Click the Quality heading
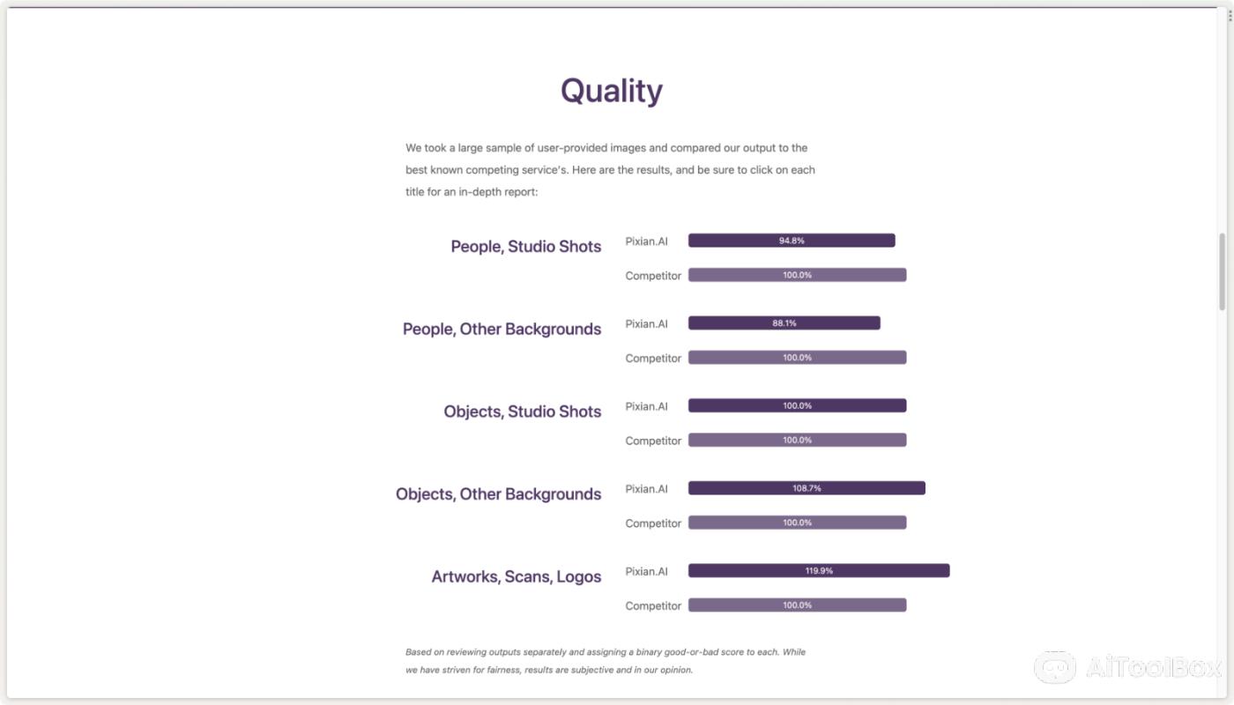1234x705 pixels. pyautogui.click(x=612, y=91)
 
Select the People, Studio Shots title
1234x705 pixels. pyautogui.click(x=525, y=246)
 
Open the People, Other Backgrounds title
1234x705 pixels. pyautogui.click(x=502, y=329)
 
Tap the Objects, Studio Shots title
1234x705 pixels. pyautogui.click(x=522, y=412)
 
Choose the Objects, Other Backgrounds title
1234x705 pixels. pyautogui.click(x=498, y=494)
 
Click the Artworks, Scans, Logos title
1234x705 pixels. pyautogui.click(x=517, y=576)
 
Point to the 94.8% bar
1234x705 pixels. pyautogui.click(x=792, y=240)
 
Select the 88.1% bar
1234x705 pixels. pyautogui.click(x=784, y=323)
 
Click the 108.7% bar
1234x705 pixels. pyautogui.click(x=807, y=488)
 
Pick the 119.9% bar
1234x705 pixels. pyautogui.click(x=819, y=571)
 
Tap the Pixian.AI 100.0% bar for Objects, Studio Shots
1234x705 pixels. pyautogui.click(x=797, y=405)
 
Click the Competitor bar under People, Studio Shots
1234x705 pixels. pyautogui.click(x=797, y=275)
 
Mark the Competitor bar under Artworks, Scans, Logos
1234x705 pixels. pyautogui.click(x=797, y=605)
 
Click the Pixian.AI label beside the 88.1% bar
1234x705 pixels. pyautogui.click(x=646, y=324)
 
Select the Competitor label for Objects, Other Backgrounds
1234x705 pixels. pyautogui.click(x=653, y=523)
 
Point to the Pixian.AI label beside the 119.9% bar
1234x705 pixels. pyautogui.click(x=646, y=572)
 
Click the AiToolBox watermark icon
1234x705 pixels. pyautogui.click(x=1054, y=668)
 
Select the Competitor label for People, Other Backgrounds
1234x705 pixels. pyautogui.click(x=653, y=358)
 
